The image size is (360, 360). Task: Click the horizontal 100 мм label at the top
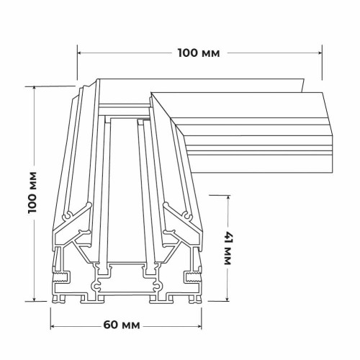pyautogui.click(x=199, y=53)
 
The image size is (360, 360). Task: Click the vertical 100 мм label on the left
pyautogui.click(x=32, y=192)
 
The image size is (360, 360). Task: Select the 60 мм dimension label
pyautogui.click(x=122, y=325)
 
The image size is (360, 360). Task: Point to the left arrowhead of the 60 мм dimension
pyautogui.click(x=53, y=326)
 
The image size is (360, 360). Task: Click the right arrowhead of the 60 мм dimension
pyautogui.click(x=199, y=326)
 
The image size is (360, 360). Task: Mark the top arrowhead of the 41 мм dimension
pyautogui.click(x=227, y=198)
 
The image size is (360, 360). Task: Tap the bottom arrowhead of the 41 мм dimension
pyautogui.click(x=227, y=298)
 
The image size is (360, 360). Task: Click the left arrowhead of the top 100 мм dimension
pyautogui.click(x=80, y=53)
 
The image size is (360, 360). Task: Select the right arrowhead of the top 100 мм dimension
pyautogui.click(x=319, y=53)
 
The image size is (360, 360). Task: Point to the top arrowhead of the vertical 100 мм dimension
pyautogui.click(x=35, y=89)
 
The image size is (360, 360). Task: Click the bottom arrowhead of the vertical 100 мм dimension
pyautogui.click(x=35, y=298)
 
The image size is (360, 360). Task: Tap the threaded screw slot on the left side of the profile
pyautogui.click(x=60, y=277)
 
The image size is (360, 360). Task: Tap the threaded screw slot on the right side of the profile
pyautogui.click(x=194, y=277)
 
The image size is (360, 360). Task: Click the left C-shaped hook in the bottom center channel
pyautogui.click(x=96, y=286)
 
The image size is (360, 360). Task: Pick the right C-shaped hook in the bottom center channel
pyautogui.click(x=158, y=286)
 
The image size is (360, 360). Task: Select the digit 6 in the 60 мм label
pyautogui.click(x=107, y=325)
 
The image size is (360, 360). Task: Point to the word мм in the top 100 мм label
pyautogui.click(x=211, y=54)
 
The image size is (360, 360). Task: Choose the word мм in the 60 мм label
pyautogui.click(x=131, y=326)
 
